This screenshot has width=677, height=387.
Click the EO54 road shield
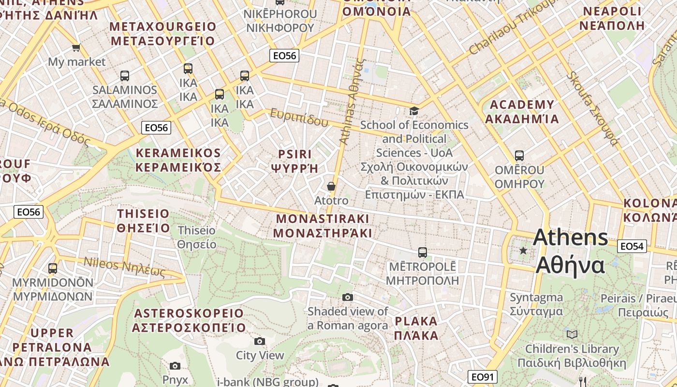click(632, 246)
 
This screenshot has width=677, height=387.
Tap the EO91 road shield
click(483, 376)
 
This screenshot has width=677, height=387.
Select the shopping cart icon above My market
click(76, 47)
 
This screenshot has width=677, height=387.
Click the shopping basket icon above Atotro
click(331, 186)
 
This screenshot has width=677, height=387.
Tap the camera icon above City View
click(260, 342)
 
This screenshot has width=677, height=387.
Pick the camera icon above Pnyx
click(175, 366)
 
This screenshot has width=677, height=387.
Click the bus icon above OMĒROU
click(519, 156)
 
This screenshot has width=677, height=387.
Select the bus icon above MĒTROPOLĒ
click(423, 252)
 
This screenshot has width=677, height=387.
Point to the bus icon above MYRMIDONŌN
click(53, 268)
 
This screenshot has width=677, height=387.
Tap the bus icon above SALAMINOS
click(125, 76)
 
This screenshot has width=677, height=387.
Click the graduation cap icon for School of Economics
click(414, 111)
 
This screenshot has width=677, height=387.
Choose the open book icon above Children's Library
click(572, 334)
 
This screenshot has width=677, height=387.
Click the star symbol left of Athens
click(523, 251)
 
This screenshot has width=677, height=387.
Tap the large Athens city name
click(571, 251)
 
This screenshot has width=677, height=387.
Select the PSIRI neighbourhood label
click(295, 161)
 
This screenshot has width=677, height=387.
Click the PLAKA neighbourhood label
click(416, 328)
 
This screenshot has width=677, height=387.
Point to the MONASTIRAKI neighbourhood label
click(323, 225)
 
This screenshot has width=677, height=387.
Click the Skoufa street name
click(593, 108)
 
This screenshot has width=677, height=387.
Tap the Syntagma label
click(536, 304)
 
